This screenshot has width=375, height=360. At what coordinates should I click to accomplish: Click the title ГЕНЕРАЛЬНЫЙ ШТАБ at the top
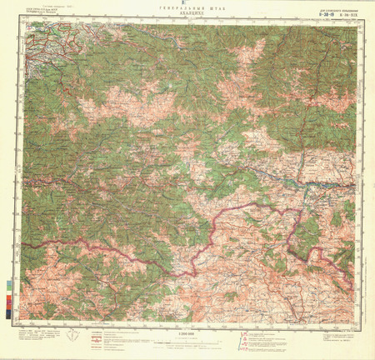(188, 9)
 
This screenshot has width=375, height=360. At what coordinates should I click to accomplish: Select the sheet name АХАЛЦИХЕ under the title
(188, 15)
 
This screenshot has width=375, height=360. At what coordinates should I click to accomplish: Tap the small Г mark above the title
(187, 2)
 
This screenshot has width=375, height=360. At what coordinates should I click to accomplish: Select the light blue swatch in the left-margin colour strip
(9, 283)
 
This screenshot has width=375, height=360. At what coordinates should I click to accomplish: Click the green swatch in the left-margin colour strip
(9, 292)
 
